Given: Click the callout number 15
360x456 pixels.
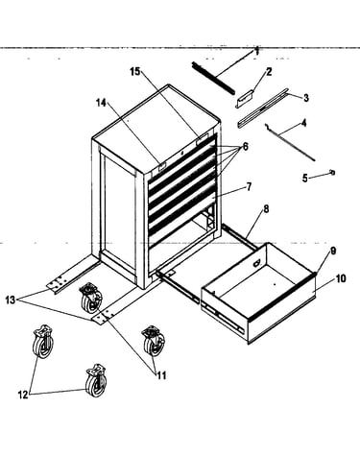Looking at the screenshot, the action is point(135,72).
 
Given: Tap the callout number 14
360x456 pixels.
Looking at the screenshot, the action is point(101,103).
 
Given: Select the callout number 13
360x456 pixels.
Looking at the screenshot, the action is point(11,300).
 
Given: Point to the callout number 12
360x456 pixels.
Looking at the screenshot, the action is point(23,395).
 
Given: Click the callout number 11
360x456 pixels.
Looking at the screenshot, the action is point(161,375).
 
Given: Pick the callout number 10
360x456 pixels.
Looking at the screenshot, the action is point(341,278).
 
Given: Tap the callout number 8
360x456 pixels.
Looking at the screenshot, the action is point(266,209).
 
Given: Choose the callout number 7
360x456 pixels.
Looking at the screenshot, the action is point(249,186).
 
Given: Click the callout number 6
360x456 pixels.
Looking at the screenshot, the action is point(245,147).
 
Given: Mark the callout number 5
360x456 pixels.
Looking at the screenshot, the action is point(305,178).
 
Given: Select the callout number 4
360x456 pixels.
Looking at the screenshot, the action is point(303,123).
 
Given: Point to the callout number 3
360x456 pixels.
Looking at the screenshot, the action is point(306,98).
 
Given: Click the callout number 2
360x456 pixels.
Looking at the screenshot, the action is point(269,72).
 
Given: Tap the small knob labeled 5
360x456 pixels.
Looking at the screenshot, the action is point(332,173).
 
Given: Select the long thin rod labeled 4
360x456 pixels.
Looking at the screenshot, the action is point(290,142).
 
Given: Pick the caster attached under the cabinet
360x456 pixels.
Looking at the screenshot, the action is point(91,299).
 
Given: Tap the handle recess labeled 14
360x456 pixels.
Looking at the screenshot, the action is point(161,166).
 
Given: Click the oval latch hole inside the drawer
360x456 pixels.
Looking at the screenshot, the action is point(256,263).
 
